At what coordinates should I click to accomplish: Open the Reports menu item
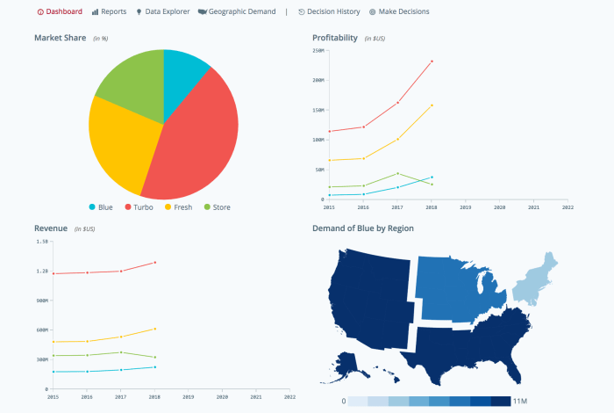pyautogui.click(x=109, y=12)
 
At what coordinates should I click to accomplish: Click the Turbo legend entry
pyautogui.click(x=140, y=207)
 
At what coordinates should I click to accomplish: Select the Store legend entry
pyautogui.click(x=219, y=207)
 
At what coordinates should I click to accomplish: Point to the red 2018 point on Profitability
pyautogui.click(x=432, y=62)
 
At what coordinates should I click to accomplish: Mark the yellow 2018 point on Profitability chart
pyautogui.click(x=432, y=105)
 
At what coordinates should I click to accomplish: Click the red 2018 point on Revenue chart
pyautogui.click(x=155, y=262)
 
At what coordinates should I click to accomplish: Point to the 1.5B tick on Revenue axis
pyautogui.click(x=41, y=241)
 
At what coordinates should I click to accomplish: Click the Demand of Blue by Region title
pyautogui.click(x=363, y=228)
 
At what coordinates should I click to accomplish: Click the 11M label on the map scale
pyautogui.click(x=519, y=401)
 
